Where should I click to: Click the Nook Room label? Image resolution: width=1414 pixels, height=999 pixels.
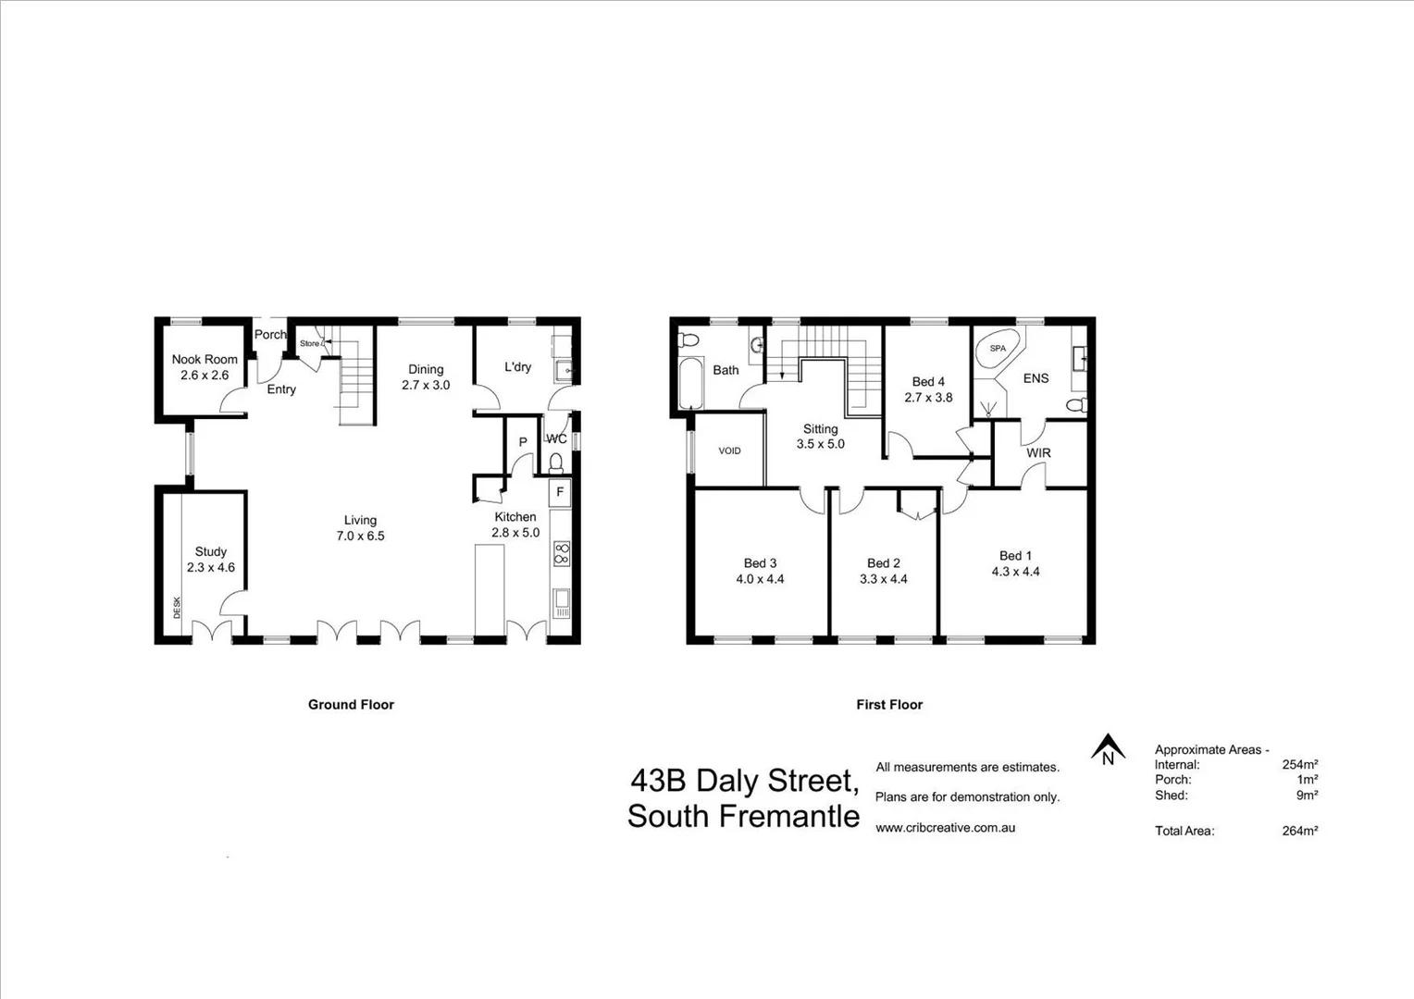205,359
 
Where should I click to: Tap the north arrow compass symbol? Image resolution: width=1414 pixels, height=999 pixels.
1108,748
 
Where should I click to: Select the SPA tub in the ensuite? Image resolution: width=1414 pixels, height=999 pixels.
998,350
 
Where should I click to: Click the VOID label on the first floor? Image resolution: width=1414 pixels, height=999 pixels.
729,450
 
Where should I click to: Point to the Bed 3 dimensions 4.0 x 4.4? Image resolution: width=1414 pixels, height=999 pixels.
760,579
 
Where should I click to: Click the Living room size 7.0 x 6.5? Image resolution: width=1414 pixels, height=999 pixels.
360,536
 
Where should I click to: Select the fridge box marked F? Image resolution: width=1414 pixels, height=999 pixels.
560,492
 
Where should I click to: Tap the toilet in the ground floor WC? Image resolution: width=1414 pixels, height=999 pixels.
556,462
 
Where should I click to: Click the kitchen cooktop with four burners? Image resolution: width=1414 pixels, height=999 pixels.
561,554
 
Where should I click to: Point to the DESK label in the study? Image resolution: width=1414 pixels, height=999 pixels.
177,608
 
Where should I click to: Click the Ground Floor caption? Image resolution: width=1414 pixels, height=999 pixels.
351,705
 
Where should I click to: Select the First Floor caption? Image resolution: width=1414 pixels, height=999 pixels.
889,705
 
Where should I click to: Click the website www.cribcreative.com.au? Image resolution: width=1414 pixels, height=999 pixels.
945,828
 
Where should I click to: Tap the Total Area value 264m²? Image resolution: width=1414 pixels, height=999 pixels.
1299,831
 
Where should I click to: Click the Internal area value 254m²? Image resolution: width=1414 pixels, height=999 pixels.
1299,765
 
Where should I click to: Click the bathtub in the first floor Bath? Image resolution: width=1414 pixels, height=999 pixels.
690,386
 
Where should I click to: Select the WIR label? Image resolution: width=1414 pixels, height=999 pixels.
1038,453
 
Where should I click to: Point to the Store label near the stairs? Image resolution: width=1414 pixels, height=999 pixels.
309,343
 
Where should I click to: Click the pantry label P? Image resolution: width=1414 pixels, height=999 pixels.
523,442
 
